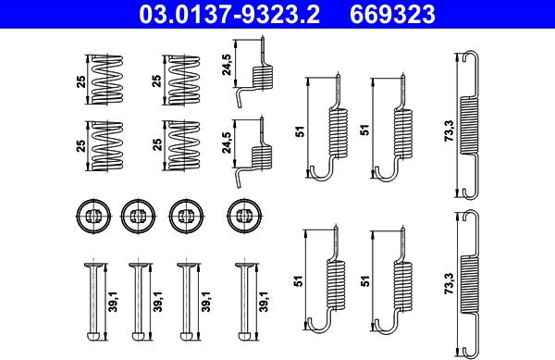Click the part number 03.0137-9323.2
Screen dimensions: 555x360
click(x=229, y=14)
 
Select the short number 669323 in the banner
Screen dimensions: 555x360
click(x=392, y=14)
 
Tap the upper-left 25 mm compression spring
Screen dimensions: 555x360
click(x=107, y=80)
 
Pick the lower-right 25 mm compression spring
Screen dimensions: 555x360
click(x=184, y=146)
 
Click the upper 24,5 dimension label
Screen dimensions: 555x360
click(x=227, y=65)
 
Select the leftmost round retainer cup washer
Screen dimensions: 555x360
click(x=93, y=216)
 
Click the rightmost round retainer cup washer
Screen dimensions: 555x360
click(x=244, y=216)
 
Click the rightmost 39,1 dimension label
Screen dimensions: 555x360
click(x=264, y=302)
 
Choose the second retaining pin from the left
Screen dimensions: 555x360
click(x=138, y=302)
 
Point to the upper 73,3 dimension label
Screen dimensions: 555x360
click(x=450, y=130)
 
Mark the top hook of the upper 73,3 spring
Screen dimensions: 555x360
click(x=471, y=56)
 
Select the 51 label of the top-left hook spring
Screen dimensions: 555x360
click(x=300, y=131)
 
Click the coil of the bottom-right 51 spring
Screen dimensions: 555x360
click(x=402, y=288)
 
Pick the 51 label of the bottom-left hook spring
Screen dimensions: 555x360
click(x=300, y=281)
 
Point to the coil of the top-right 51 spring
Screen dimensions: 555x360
click(x=402, y=133)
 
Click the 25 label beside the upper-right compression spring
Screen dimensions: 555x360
click(x=157, y=81)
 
